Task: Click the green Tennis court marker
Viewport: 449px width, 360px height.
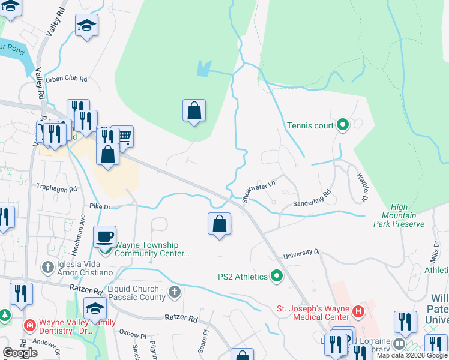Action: coord(343,125)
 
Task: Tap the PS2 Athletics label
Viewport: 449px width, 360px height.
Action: coord(243,277)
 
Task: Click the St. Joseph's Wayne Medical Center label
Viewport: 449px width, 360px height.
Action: coord(312,313)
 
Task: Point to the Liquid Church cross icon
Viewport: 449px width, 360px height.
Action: coord(175,292)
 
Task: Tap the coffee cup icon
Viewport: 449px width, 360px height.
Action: coord(106,236)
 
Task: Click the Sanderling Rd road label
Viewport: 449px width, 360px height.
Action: coord(312,199)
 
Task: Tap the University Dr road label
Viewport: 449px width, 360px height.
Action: coord(303,254)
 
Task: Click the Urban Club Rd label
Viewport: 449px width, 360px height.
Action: coord(67,79)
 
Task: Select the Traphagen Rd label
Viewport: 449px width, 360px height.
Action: coord(57,188)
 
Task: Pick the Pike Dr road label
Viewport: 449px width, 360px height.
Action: coord(101,206)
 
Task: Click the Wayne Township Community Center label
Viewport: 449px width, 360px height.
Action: coord(152,249)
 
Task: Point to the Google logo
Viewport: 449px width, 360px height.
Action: coord(20,352)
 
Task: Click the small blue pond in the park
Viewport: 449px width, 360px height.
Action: coord(204,68)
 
